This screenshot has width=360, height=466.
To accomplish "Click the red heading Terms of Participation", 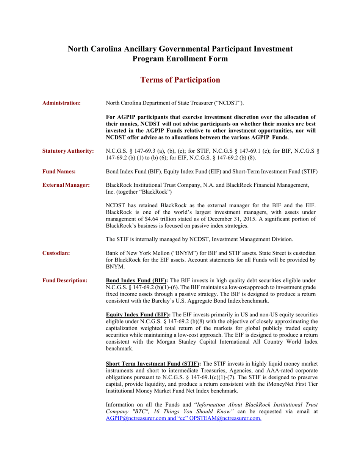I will click(x=180, y=80).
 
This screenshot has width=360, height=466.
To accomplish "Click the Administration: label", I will click(x=61, y=103).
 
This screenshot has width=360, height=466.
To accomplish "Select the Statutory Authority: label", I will click(x=68, y=151).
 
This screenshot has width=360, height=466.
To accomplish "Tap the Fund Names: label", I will click(x=59, y=172).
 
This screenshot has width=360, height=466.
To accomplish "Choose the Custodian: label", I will click(x=56, y=253).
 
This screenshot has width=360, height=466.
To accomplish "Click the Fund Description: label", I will click(x=65, y=281).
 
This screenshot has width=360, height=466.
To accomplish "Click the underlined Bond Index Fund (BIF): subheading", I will click(x=137, y=281).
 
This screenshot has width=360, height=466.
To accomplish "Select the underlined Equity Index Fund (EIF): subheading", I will click(x=138, y=315).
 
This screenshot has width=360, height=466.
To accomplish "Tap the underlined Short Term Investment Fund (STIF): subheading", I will click(x=153, y=364).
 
